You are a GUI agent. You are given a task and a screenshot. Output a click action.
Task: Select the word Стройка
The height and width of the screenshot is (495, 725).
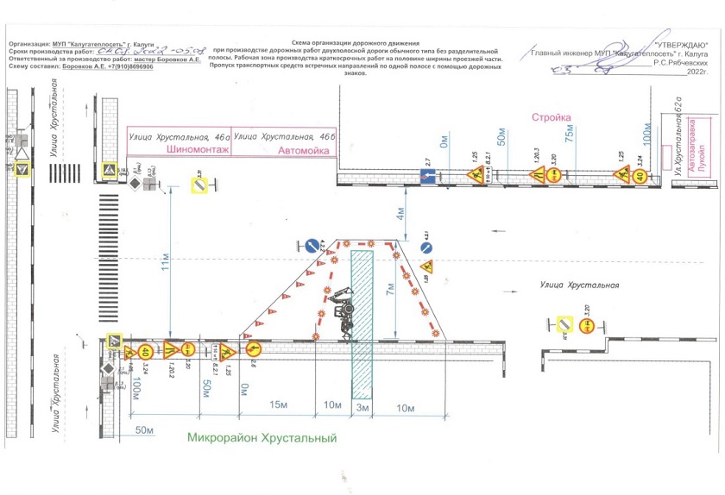click(552, 117)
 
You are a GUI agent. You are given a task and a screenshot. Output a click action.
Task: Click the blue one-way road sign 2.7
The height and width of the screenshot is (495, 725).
click(426, 176)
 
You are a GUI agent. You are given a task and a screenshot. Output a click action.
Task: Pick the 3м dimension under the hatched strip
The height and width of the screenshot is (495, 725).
click(362, 405)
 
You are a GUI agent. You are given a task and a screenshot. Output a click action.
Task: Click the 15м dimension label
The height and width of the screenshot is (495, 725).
click(279, 405)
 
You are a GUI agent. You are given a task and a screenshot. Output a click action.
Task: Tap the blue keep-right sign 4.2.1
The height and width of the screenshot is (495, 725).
click(426, 248)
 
